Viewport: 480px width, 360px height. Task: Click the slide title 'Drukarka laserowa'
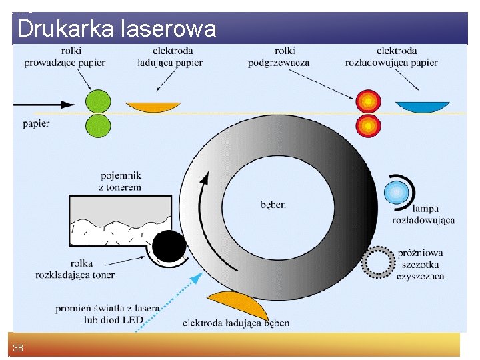[117, 29]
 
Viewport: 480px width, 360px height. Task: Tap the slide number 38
[18, 347]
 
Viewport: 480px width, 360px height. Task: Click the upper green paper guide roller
[98, 102]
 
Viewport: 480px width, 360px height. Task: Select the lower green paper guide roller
[98, 125]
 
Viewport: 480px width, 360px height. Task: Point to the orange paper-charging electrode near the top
[153, 107]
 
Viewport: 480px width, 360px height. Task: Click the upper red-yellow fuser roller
[367, 101]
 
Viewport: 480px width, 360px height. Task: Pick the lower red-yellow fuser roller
[367, 125]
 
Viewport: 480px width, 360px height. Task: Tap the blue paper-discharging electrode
[423, 107]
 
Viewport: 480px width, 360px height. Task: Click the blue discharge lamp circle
[397, 193]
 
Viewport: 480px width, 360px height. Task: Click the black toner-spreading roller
[169, 248]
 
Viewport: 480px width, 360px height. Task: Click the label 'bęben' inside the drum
[273, 205]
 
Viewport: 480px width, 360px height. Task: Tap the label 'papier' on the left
[36, 123]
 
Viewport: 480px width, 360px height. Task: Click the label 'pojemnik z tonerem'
[121, 181]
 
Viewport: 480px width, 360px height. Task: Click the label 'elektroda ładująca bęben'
[236, 323]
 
